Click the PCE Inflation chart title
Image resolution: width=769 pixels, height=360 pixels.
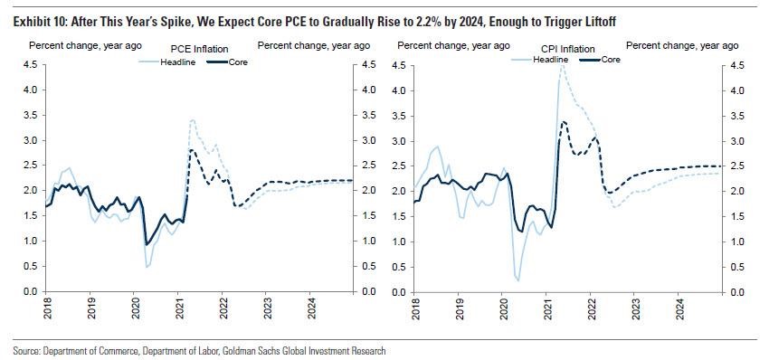pos(199,49)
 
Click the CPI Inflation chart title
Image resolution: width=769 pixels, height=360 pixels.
pos(568,49)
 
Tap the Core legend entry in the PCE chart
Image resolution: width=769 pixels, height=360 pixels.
pos(228,62)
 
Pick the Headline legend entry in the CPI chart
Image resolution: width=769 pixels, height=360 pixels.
pos(539,60)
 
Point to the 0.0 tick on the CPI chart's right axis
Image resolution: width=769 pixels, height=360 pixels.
pos(736,293)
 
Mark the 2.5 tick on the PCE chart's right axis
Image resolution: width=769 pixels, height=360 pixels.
pos(368,166)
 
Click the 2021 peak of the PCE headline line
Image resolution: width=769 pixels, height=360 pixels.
pos(193,119)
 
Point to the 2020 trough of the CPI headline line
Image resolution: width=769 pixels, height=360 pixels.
pos(517,280)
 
